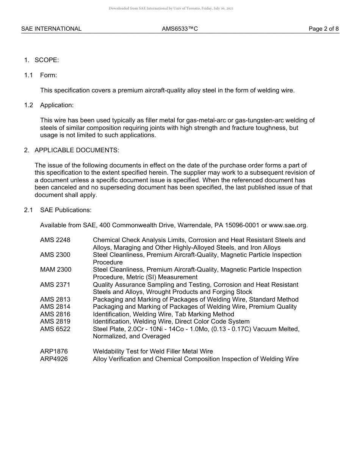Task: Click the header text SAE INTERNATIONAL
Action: point(51,29)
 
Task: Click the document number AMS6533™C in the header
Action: point(180,29)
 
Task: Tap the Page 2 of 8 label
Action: point(323,29)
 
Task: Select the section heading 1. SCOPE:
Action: point(42,60)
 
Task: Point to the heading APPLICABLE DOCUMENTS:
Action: point(77,150)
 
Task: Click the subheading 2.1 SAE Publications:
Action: point(58,210)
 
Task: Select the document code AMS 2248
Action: point(55,240)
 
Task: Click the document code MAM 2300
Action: point(56,270)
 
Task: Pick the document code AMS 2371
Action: point(55,285)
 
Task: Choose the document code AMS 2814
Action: point(55,307)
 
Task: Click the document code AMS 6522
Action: point(55,329)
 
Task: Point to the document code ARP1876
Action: point(54,352)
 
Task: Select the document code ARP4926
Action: point(54,359)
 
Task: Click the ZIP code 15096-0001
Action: point(242,225)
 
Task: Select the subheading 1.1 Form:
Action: point(41,75)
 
